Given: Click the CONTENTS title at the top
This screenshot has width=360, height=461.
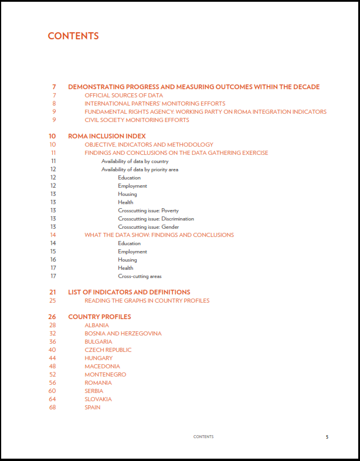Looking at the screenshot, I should point(73,36).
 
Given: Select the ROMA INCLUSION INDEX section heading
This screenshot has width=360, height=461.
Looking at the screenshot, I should point(103,136).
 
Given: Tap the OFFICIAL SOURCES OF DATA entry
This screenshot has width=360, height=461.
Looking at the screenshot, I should point(124,95).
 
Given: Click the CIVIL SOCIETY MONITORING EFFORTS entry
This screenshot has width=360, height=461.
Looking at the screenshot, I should point(137,120).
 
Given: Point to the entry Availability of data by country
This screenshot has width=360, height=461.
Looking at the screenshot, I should point(135,161).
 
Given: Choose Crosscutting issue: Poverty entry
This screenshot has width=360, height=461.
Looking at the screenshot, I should point(148,210).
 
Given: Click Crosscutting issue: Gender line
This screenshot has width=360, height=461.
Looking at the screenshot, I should point(148,226).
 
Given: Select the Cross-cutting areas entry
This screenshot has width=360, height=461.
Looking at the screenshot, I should point(140,276).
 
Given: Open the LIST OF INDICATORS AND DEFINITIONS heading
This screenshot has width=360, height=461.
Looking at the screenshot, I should point(129,292).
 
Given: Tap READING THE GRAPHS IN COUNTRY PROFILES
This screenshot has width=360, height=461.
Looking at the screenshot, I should point(147,300).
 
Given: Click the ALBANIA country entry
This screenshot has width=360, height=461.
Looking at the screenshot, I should point(97,325).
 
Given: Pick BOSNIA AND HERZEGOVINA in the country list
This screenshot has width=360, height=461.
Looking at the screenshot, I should point(123,333).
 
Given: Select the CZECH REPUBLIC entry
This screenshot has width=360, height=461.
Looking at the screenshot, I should point(108,350).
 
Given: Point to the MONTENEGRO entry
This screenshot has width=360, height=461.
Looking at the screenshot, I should point(105,374).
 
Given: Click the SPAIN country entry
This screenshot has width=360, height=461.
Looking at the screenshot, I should point(93,407).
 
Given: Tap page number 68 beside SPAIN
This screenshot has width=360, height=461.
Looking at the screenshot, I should point(53,407).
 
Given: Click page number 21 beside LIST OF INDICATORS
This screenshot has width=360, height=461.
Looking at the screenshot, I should point(53,292).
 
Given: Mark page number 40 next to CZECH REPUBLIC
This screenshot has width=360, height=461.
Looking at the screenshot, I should point(53,350).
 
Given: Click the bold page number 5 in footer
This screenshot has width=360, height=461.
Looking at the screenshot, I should point(327,436).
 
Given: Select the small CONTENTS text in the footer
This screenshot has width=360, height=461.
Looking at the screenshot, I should point(203,436).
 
